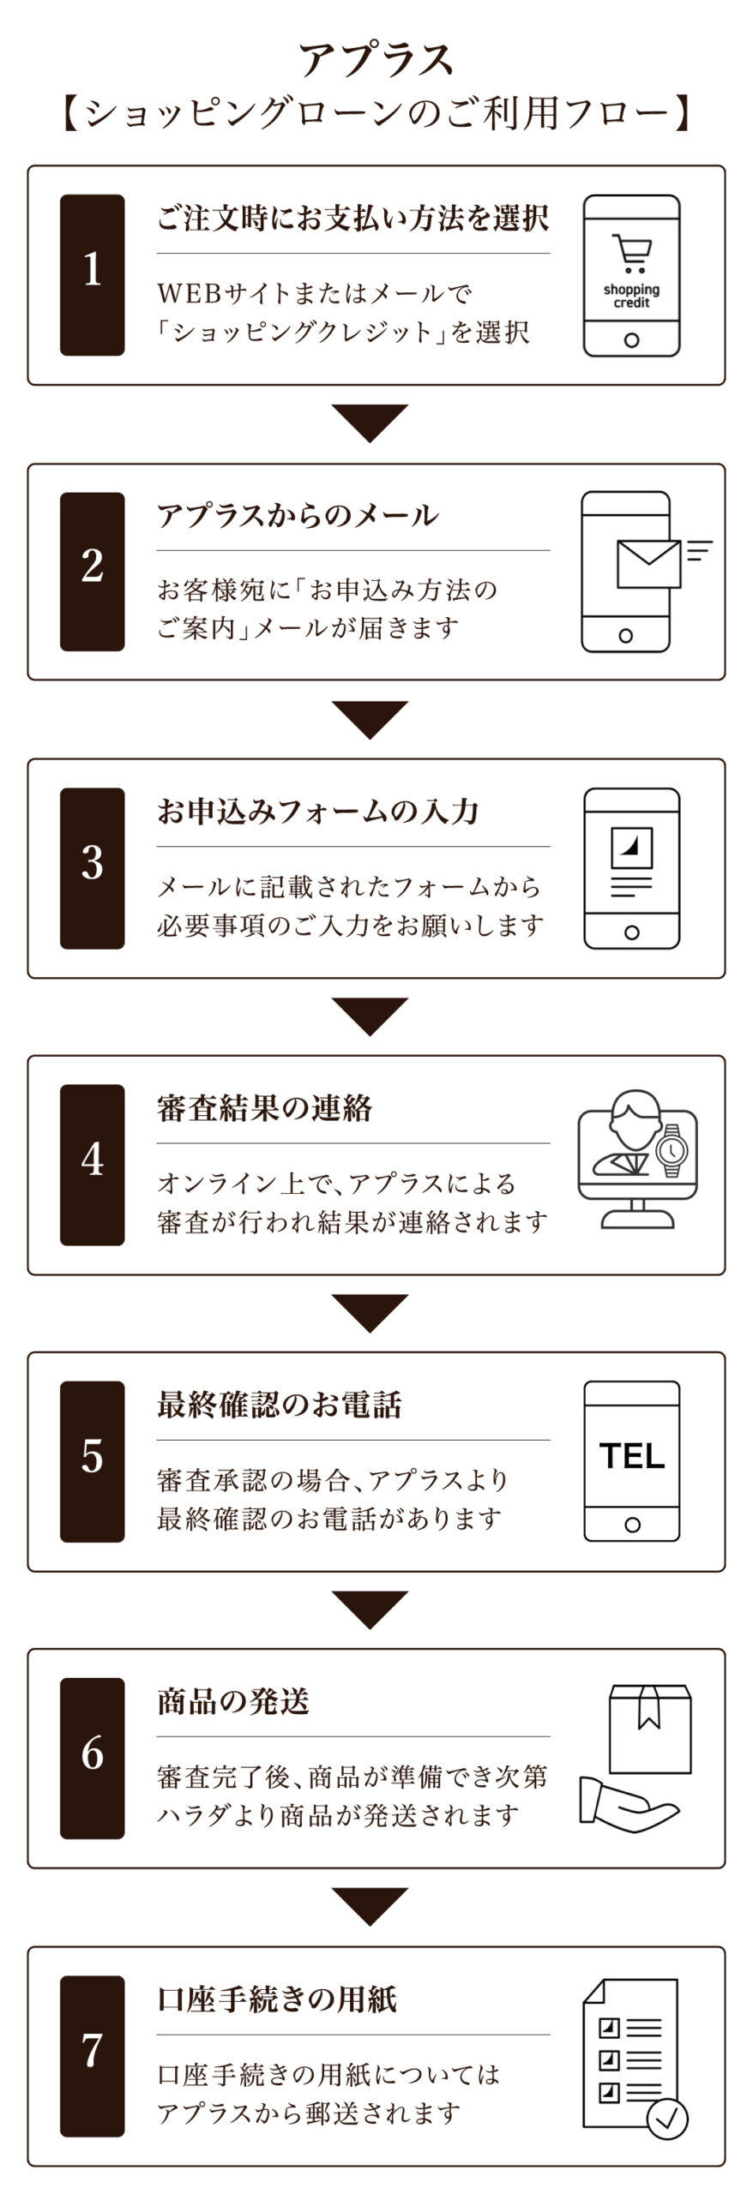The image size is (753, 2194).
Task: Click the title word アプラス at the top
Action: pyautogui.click(x=376, y=60)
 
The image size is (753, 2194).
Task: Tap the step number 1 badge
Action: pyautogui.click(x=92, y=274)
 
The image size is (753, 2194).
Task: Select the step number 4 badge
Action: pyautogui.click(x=92, y=1165)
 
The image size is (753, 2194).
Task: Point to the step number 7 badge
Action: pyautogui.click(x=92, y=2056)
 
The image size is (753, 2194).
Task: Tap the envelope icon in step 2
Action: pyautogui.click(x=648, y=564)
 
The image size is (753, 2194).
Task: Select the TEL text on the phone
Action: pyautogui.click(x=632, y=1456)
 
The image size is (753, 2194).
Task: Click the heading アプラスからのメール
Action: pyautogui.click(x=298, y=515)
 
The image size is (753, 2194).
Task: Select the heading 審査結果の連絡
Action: pyautogui.click(x=264, y=1108)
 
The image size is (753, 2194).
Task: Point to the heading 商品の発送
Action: pyautogui.click(x=232, y=1701)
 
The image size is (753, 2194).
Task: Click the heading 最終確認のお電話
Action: pyautogui.click(x=280, y=1405)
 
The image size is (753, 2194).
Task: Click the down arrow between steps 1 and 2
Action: pyautogui.click(x=370, y=423)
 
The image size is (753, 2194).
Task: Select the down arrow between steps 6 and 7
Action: pyautogui.click(x=370, y=1908)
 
